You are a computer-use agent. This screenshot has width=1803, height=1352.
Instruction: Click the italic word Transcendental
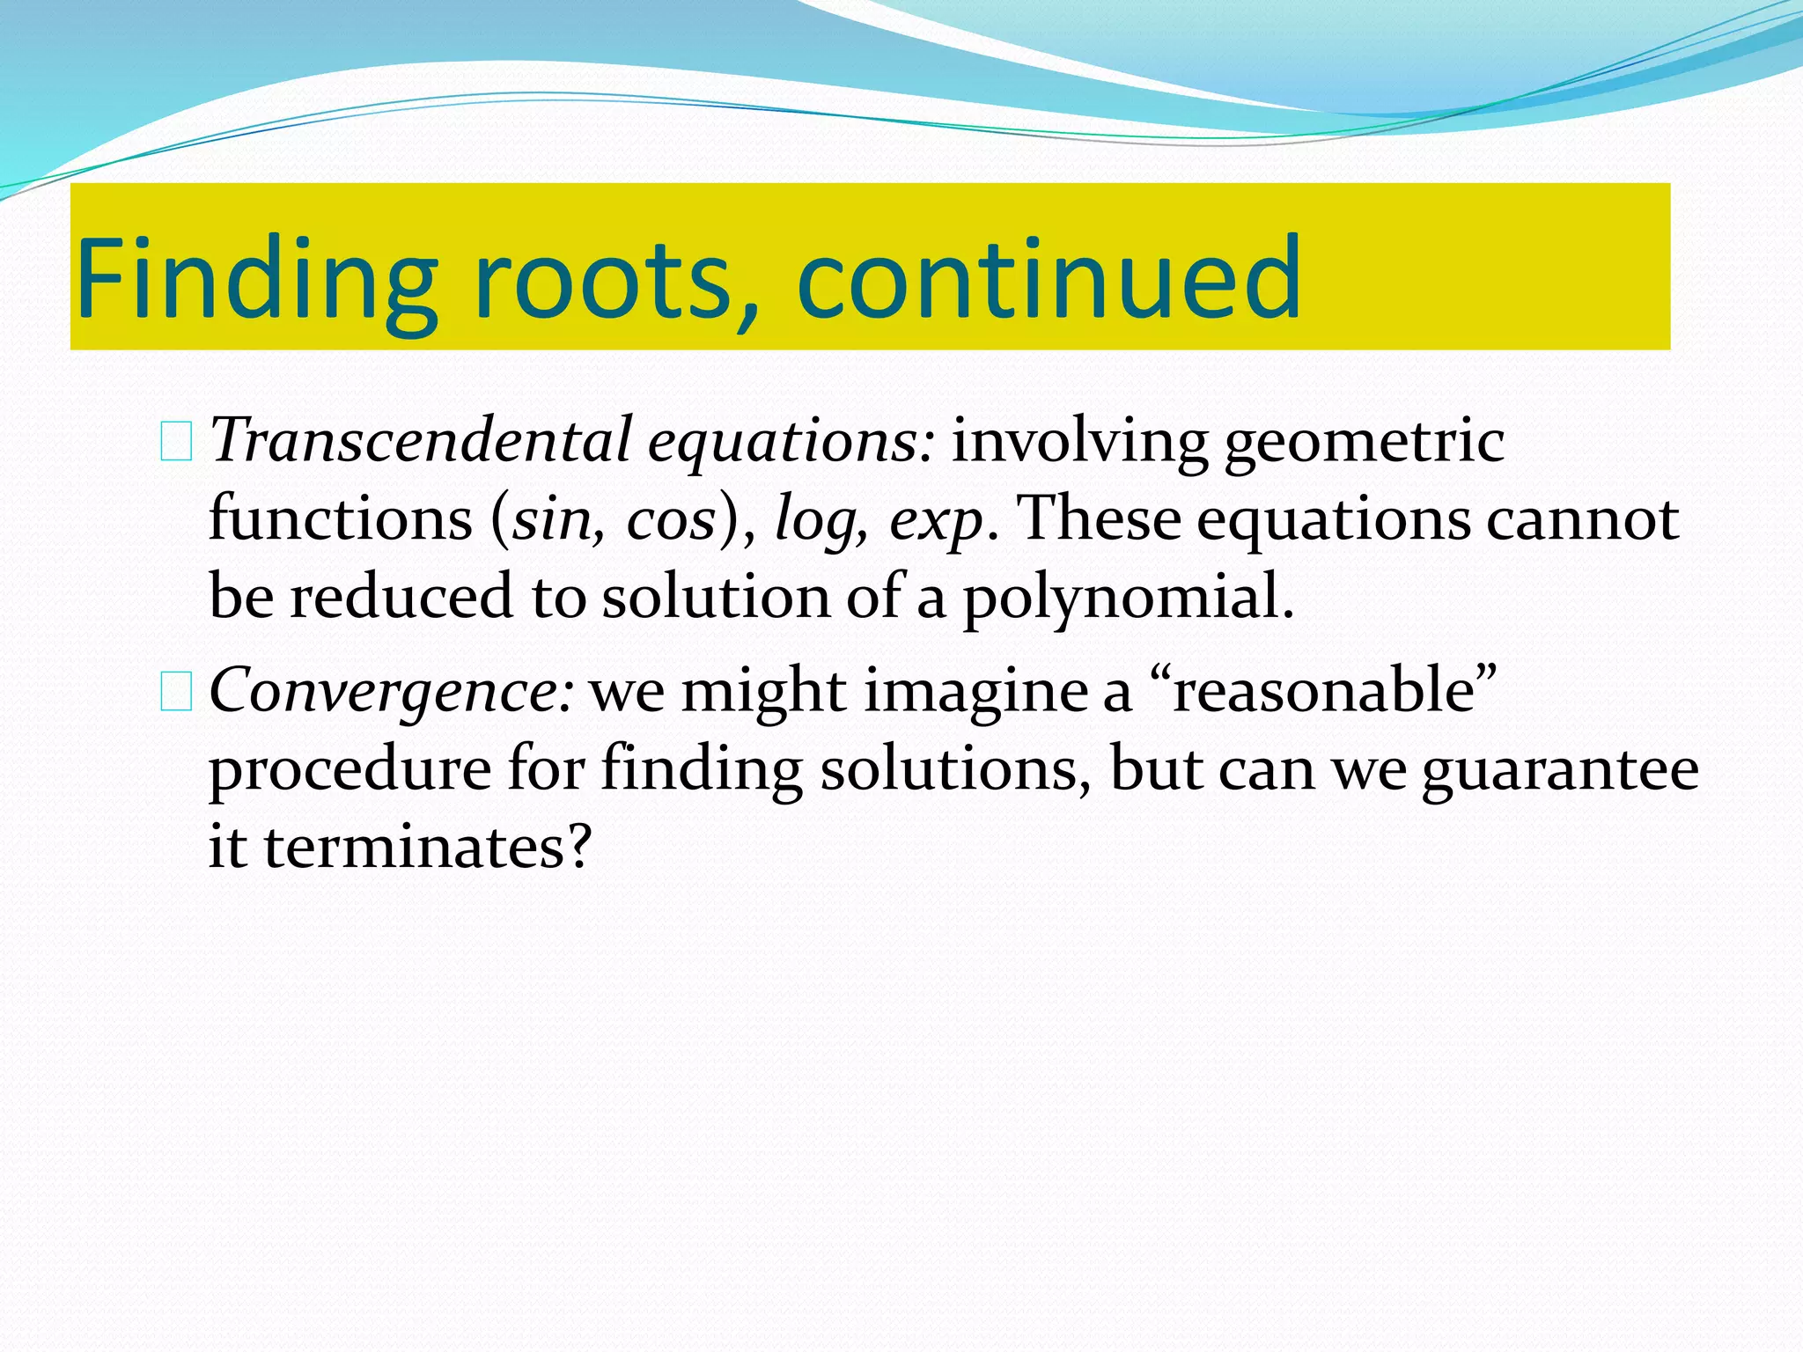[x=421, y=440]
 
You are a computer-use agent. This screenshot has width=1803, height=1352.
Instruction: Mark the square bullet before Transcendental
[x=176, y=443]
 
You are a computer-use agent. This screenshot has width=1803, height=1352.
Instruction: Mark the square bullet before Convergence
[x=176, y=693]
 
